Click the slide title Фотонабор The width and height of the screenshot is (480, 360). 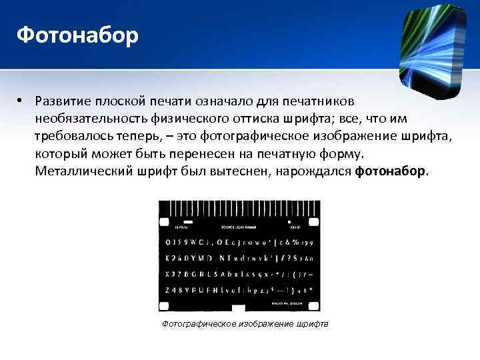pos(77,34)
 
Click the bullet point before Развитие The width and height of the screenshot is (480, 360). pos(21,101)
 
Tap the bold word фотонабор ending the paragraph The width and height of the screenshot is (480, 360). pos(390,171)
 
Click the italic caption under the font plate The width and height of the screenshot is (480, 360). pos(245,324)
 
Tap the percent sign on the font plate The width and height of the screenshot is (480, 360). pos(293,241)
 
